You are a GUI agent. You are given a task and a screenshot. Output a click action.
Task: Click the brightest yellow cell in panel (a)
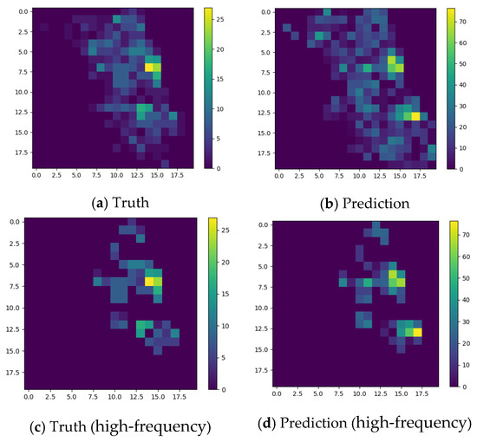[x=149, y=67]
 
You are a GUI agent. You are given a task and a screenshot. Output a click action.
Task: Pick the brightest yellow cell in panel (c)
[x=149, y=281]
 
